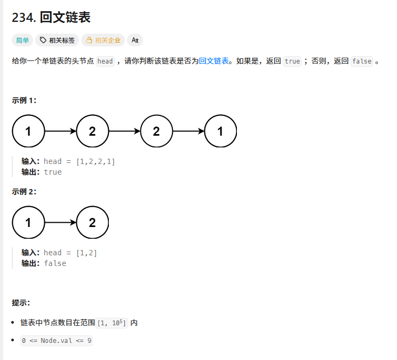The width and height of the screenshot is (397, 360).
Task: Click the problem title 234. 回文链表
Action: coord(51,17)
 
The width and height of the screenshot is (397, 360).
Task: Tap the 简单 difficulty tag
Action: coord(22,40)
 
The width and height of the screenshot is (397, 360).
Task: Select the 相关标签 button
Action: coord(57,40)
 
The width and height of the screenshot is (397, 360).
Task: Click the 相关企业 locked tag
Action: coord(103,40)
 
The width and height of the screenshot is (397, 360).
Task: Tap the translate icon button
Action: coord(135,40)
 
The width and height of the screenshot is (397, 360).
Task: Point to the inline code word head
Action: coord(105,61)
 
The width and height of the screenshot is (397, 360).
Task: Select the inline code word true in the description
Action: coord(292,61)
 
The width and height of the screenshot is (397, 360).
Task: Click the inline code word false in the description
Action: coord(362,61)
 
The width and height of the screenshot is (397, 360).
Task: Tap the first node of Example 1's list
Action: coord(28,131)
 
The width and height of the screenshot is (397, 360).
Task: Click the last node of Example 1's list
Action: coord(220,131)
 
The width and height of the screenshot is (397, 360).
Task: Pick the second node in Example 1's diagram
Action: coord(92,131)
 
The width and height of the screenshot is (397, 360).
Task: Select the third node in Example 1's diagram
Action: coord(156,131)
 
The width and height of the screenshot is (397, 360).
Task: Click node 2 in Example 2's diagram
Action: coord(92,222)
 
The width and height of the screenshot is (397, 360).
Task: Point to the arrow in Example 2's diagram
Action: coord(60,222)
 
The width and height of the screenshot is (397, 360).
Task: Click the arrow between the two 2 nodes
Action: coord(124,131)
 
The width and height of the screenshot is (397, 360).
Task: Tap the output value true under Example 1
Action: coord(53,172)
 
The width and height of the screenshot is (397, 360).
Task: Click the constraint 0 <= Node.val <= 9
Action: coord(57,340)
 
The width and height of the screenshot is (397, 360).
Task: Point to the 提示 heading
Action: coord(21,303)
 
